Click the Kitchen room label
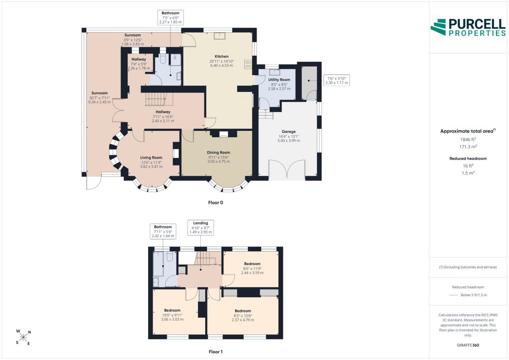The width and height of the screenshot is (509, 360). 221,56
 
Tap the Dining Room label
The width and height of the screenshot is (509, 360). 218,152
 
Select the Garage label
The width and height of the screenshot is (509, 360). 289,132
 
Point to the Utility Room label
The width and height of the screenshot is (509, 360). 279,80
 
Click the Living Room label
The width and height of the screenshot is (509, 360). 151,158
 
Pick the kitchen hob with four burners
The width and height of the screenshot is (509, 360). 248,64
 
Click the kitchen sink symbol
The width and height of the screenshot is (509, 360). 220,36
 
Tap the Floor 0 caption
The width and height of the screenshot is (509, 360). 216,202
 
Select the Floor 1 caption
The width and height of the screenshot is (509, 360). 216,352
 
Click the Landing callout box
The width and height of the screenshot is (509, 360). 201,228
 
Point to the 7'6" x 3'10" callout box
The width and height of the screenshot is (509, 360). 336,80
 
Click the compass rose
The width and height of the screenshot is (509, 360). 23,337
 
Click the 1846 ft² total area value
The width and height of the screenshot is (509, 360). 468,140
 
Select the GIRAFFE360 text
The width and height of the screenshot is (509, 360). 468,345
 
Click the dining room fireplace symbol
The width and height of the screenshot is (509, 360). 223,134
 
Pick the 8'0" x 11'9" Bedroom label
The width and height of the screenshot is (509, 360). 252,268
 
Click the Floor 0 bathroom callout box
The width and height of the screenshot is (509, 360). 171,18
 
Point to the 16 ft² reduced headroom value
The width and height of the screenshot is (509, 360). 468,166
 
